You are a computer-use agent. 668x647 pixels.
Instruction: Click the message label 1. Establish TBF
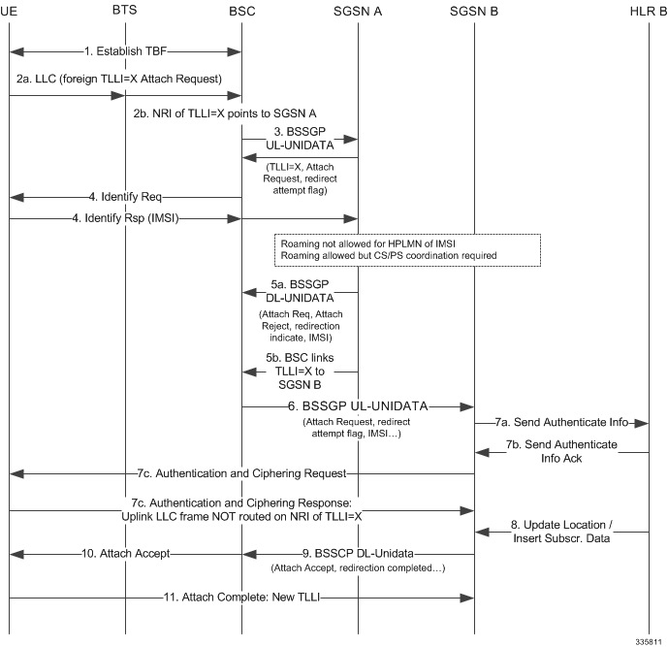[x=125, y=49]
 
